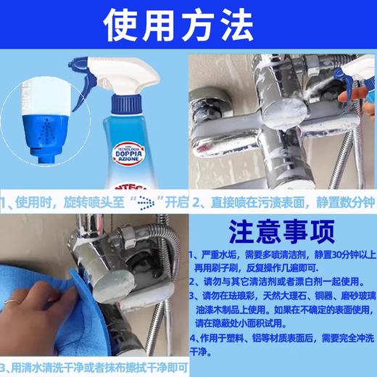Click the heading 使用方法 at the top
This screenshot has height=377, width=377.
tap(188, 27)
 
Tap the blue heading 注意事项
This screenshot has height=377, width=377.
tap(281, 231)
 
